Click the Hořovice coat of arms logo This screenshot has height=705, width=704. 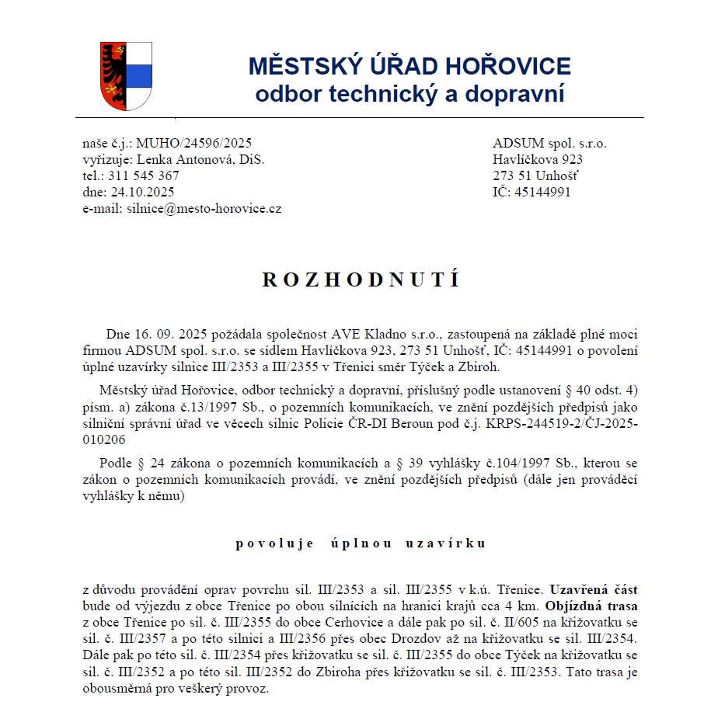point(126,76)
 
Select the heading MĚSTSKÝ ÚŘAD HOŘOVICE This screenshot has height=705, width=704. point(410,66)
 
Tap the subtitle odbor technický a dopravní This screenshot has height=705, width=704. point(410,95)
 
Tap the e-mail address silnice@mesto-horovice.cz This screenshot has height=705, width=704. point(204,208)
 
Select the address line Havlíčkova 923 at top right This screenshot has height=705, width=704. point(538,159)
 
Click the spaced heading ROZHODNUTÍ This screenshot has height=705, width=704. point(361,280)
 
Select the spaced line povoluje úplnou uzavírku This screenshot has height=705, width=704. point(361,544)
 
